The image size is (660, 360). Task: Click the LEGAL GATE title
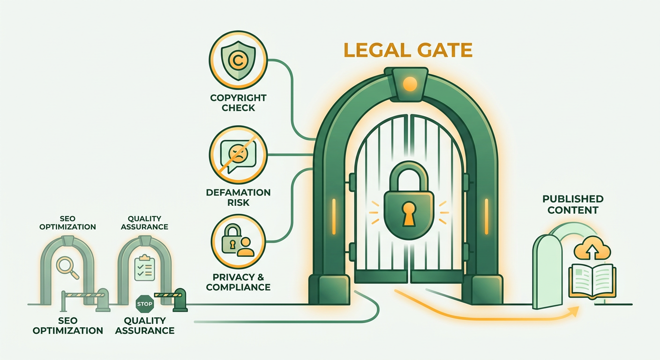pos(408,50)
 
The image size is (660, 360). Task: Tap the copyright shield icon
pos(239,60)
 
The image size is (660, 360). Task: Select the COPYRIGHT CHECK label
pos(239,103)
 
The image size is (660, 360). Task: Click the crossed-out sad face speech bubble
pos(239,155)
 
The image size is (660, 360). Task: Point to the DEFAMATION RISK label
pos(239,197)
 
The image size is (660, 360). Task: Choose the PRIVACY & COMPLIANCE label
pos(239,282)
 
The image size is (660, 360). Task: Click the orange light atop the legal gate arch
pos(410,84)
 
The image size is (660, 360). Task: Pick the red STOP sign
pos(145,304)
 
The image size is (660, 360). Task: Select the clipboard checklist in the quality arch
pos(145,268)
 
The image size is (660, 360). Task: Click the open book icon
pos(592,281)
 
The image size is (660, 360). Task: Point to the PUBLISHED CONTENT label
pos(573,204)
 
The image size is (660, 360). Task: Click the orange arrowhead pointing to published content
pos(574,311)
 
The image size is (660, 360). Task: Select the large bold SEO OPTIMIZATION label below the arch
pos(68,325)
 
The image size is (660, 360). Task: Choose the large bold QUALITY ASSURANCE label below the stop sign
pos(145,325)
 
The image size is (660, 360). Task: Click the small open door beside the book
pos(547,271)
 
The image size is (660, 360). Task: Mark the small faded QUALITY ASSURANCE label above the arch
pos(144,223)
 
